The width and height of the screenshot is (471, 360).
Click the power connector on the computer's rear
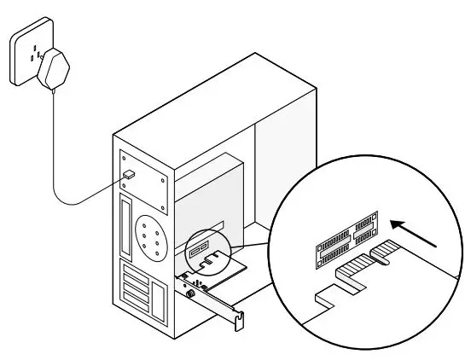(128, 175)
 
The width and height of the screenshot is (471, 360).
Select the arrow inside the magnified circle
(415, 235)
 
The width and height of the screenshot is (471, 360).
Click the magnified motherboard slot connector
(346, 241)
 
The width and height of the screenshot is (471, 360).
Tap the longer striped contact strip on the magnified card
(352, 275)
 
